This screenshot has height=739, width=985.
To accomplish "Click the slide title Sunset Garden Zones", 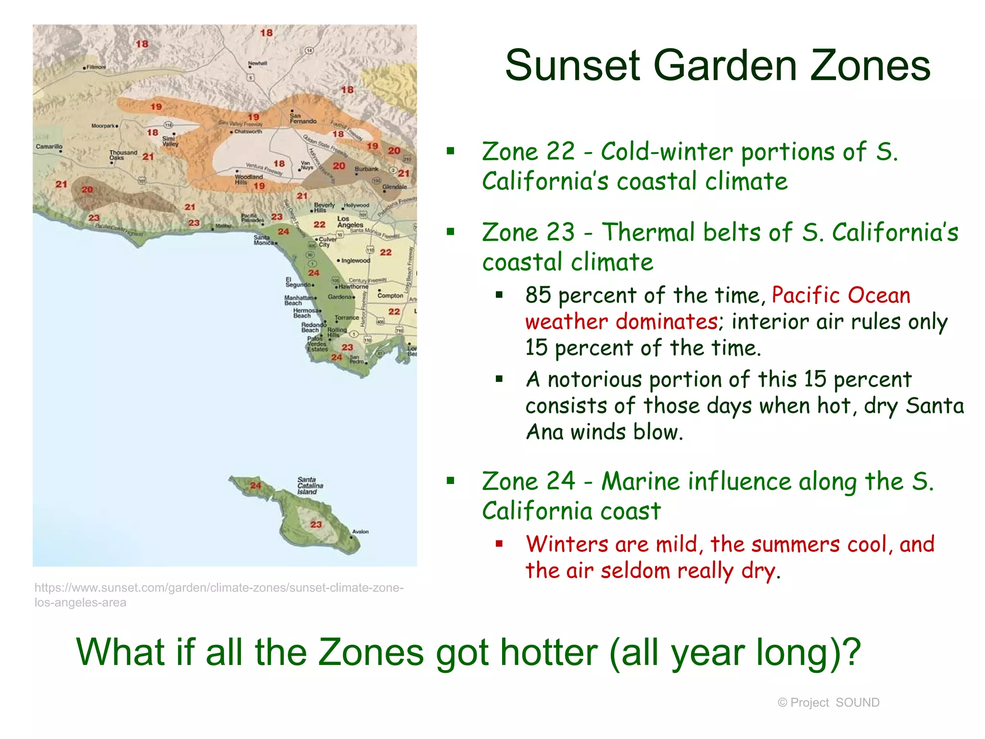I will coord(717,66).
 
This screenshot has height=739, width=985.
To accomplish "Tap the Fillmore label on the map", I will coord(96,67).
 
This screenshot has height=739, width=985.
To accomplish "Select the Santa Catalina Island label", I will coord(310,485).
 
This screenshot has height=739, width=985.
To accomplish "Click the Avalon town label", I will coord(360,532).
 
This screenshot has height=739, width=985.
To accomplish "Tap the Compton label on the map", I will coord(390,295).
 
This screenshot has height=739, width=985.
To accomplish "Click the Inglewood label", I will coord(355,261).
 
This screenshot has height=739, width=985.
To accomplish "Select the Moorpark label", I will coord(103,126).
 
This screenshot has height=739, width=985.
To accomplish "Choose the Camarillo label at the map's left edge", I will coord(49,146).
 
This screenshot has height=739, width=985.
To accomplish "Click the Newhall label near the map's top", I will coord(257,64).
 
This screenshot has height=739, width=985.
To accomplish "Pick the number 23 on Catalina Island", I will coord(316,524).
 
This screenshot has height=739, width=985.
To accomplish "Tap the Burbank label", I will coord(366,169).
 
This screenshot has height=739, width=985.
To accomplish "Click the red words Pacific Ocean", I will coord(841,295).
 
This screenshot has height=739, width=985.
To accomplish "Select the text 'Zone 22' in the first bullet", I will coord(528,152).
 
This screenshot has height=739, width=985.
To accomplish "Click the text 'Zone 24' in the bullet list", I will coord(528,481).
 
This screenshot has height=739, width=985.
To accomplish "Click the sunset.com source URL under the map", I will coord(219,595).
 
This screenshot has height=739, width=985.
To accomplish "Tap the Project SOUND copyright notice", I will coord(828,702).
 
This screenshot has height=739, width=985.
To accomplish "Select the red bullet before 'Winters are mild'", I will coord(499,544).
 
